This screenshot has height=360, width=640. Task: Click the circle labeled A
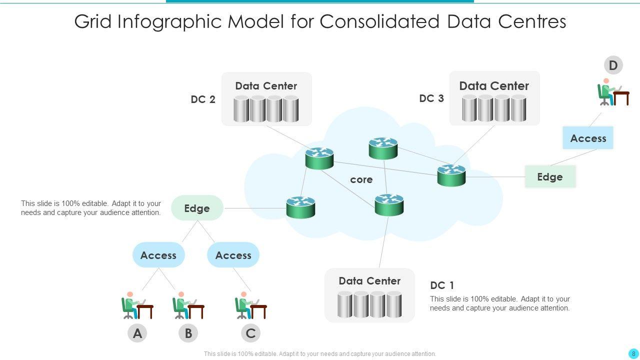[137, 333]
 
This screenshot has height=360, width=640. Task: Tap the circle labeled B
[188, 333]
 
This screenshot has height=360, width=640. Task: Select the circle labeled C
[251, 333]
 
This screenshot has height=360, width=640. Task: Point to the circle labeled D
[613, 65]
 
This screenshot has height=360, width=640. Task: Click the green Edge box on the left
[197, 208]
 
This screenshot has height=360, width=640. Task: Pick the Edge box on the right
[550, 176]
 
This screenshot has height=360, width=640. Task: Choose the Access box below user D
[588, 138]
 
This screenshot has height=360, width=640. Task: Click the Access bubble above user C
[233, 255]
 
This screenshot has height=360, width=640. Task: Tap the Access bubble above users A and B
[158, 255]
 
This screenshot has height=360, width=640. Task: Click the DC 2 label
[203, 99]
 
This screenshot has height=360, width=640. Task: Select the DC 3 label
[431, 98]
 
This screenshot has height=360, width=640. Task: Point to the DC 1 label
[442, 285]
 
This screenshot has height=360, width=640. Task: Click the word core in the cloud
[361, 179]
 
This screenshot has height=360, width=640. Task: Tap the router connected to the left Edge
[300, 207]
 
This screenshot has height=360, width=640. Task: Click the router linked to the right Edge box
[451, 175]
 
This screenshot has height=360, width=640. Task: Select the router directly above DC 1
[389, 204]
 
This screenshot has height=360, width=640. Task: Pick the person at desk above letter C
[250, 305]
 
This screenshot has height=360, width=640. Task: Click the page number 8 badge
[633, 353]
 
